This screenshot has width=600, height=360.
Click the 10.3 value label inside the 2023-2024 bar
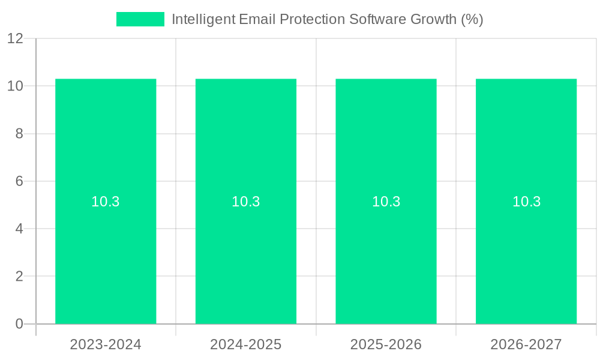tap(106, 202)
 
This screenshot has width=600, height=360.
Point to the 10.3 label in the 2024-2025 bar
tap(246, 202)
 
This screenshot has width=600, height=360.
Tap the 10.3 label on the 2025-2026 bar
tap(386, 202)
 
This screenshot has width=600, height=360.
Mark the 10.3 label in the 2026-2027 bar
tap(526, 202)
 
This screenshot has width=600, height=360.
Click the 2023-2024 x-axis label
tap(106, 344)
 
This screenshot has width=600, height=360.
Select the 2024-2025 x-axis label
tap(246, 344)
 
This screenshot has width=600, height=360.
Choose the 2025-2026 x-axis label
tap(386, 344)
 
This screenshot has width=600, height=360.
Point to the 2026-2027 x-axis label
tap(526, 344)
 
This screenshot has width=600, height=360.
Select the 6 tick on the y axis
tap(19, 181)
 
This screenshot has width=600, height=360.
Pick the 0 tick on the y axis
tap(19, 324)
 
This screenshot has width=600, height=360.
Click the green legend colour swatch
tap(140, 19)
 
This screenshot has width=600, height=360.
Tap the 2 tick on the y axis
tap(19, 277)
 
